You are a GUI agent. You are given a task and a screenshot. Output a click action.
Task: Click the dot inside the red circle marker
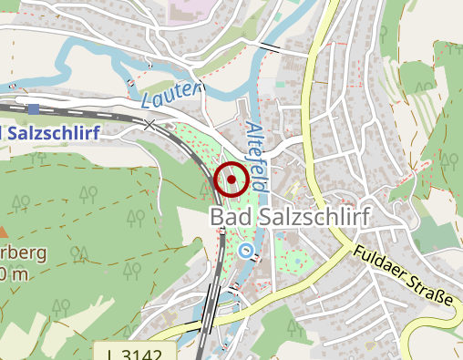(231, 180)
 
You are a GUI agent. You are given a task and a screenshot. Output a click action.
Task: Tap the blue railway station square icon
(34, 108)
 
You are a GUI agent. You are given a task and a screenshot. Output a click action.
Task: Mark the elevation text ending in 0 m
(15, 273)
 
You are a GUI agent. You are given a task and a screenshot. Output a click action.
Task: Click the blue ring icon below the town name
(244, 249)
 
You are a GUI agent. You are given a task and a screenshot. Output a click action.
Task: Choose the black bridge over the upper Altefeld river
(269, 46)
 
